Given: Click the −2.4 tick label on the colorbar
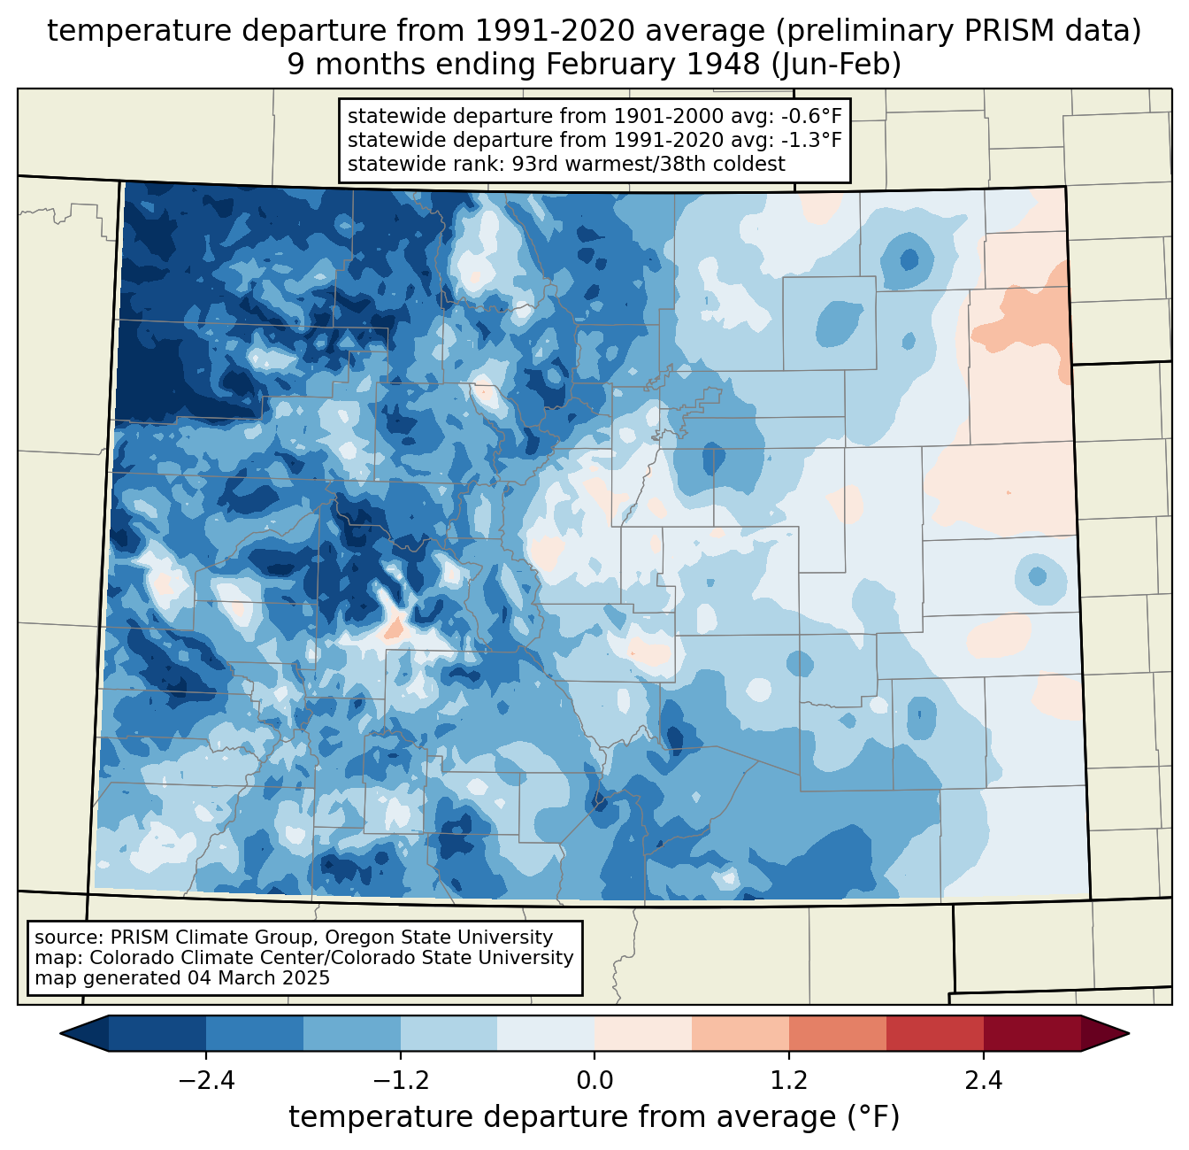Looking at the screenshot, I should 206,1081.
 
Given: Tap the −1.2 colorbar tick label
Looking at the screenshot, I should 400,1081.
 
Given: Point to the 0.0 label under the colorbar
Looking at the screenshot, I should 594,1081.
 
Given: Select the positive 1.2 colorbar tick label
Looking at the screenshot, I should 788,1081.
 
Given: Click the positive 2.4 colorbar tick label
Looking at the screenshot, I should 983,1081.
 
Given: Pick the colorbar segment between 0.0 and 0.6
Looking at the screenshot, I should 643,1033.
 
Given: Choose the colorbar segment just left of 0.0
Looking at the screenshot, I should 546,1033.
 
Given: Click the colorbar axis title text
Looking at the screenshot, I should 594,1117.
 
